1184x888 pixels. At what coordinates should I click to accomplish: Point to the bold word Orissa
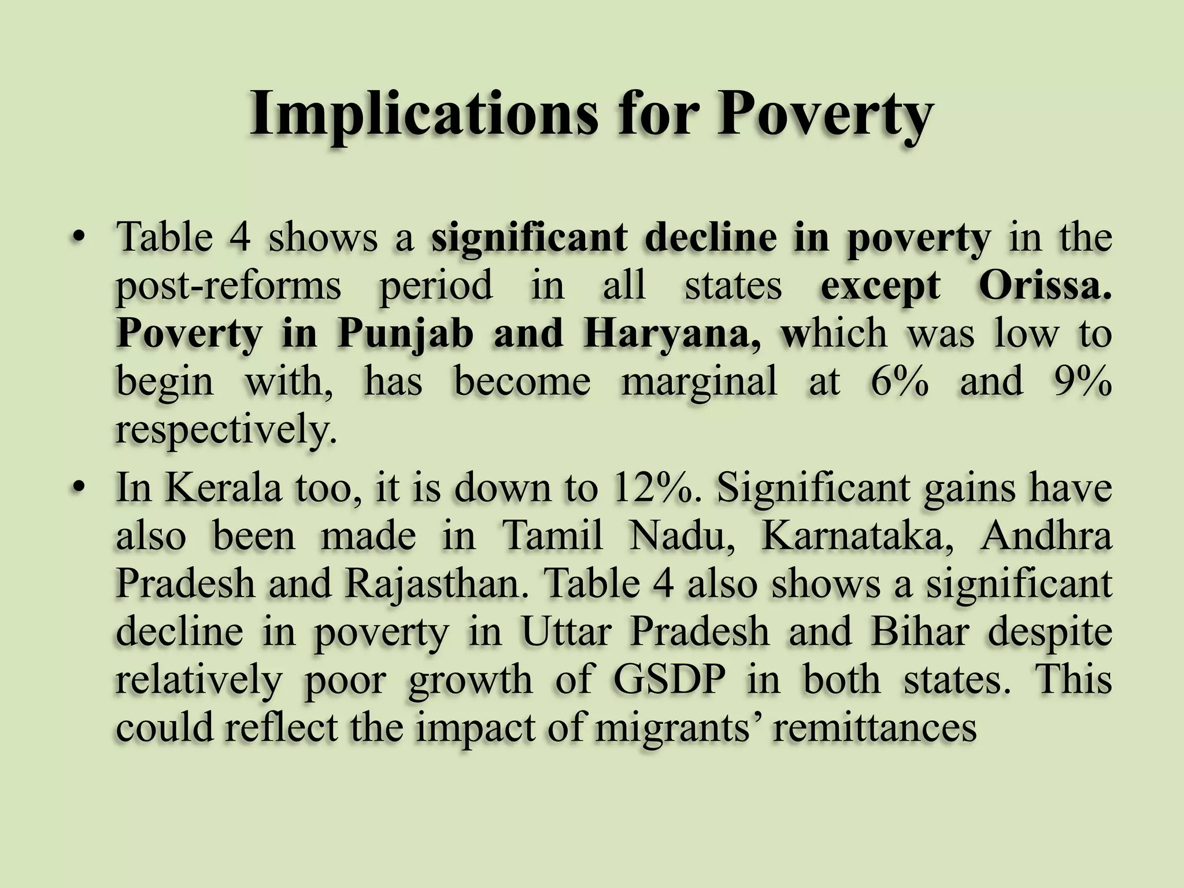point(1045,286)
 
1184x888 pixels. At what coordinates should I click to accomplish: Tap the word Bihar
point(919,631)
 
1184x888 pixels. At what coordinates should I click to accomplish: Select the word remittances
point(874,727)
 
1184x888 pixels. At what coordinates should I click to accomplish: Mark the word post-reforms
point(229,287)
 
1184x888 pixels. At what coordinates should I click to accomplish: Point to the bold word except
point(880,287)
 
